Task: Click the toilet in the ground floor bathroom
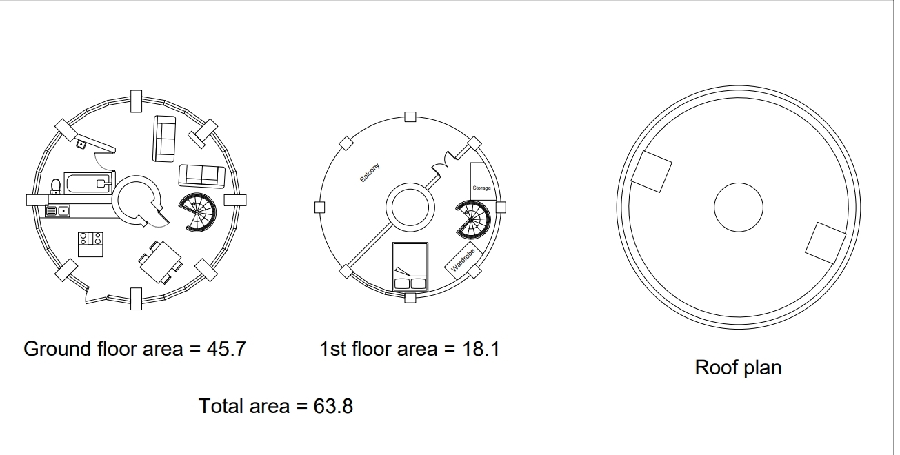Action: pyautogui.click(x=56, y=186)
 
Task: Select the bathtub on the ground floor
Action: pyautogui.click(x=88, y=183)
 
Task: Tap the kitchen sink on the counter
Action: pyautogui.click(x=57, y=211)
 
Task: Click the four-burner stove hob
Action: pyautogui.click(x=90, y=239)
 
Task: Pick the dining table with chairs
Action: pyautogui.click(x=160, y=262)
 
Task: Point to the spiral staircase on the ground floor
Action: pyautogui.click(x=197, y=212)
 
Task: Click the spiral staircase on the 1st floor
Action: pyautogui.click(x=473, y=219)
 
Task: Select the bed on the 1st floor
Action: pyautogui.click(x=410, y=267)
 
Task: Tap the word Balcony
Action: pyautogui.click(x=370, y=172)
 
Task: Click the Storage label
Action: pyautogui.click(x=482, y=188)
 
